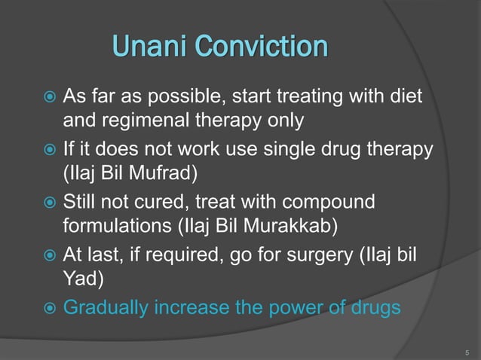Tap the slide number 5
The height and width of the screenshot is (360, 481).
[x=467, y=350]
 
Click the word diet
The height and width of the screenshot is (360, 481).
[x=405, y=97]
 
